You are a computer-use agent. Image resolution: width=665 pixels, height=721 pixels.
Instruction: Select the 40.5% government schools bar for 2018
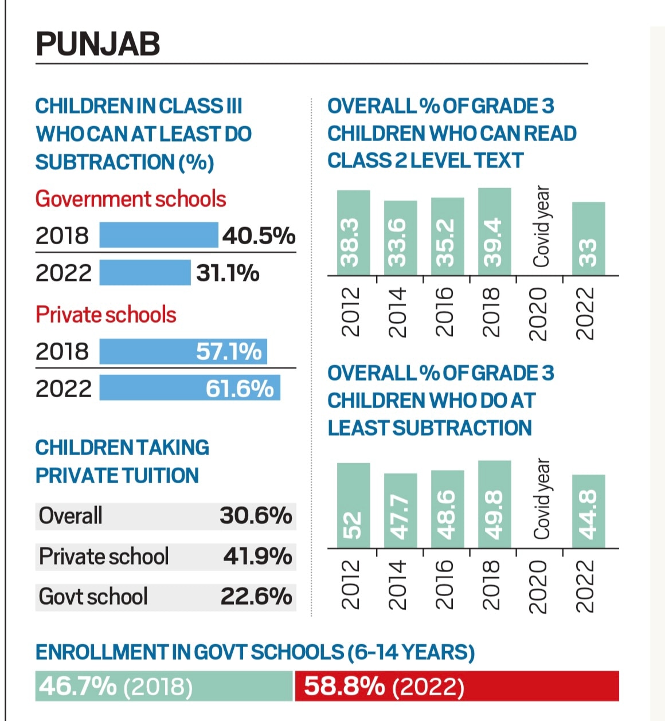click(158, 235)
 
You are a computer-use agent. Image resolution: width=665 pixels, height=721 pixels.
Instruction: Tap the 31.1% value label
click(228, 273)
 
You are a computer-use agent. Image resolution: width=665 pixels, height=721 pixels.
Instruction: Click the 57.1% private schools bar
click(183, 351)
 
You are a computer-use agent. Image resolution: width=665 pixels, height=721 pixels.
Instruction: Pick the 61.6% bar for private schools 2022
click(189, 388)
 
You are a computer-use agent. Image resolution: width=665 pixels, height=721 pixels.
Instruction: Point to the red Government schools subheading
click(131, 199)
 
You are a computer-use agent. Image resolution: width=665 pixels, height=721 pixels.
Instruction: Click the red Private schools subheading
click(106, 315)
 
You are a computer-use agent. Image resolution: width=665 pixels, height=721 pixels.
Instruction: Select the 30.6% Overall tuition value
click(256, 516)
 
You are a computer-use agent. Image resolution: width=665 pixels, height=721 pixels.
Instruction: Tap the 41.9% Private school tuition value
click(257, 557)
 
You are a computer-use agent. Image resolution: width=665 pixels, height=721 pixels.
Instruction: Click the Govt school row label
click(93, 597)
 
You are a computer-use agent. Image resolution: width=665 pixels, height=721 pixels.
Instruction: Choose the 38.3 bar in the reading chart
click(353, 233)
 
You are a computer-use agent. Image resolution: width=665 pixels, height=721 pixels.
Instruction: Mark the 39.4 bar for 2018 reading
click(494, 232)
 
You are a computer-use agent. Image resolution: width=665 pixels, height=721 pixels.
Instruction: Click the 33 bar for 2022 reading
click(588, 238)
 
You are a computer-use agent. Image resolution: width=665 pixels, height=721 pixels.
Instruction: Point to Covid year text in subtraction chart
click(541, 499)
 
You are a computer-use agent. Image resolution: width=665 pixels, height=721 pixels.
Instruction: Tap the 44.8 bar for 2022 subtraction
click(588, 511)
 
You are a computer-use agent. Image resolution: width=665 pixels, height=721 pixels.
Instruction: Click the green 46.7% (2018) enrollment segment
click(164, 686)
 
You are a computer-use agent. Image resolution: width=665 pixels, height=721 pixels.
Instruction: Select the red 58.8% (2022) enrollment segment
click(457, 686)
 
